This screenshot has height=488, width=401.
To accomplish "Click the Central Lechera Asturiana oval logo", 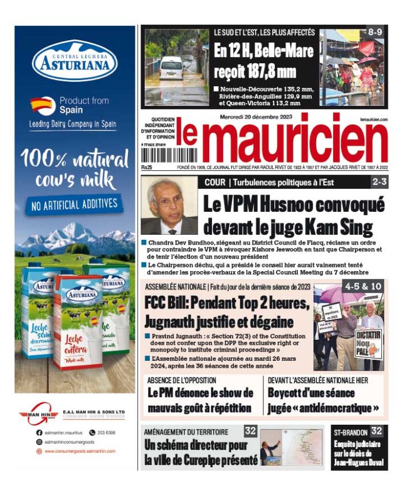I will coord(75,60).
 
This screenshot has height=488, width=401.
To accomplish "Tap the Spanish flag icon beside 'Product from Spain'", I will coord(43,105).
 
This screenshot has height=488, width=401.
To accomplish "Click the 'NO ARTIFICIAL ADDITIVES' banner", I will coord(75,204).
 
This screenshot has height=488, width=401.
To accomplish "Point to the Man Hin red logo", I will coord(39,414).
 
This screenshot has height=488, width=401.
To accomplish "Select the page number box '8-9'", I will coord(375,32).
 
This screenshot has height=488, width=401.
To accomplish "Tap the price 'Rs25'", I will coord(146,167).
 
